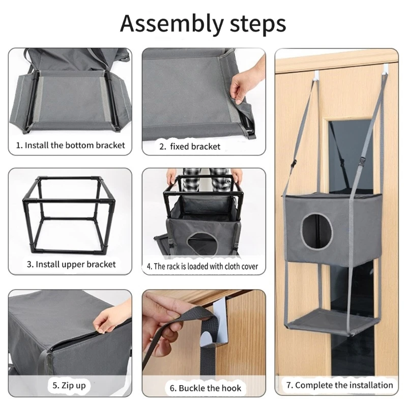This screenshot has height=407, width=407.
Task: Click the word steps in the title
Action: click(258, 23)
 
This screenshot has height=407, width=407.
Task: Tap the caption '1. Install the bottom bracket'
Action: click(70, 145)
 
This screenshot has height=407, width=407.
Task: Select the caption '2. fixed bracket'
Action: click(190, 147)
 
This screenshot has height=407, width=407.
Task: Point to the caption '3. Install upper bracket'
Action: click(71, 264)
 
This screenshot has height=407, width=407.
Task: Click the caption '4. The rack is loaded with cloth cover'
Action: click(202, 266)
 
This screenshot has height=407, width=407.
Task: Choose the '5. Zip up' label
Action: click(69, 386)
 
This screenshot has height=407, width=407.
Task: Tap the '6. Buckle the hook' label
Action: click(206, 388)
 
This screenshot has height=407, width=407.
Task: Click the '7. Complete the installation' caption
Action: click(339, 385)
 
